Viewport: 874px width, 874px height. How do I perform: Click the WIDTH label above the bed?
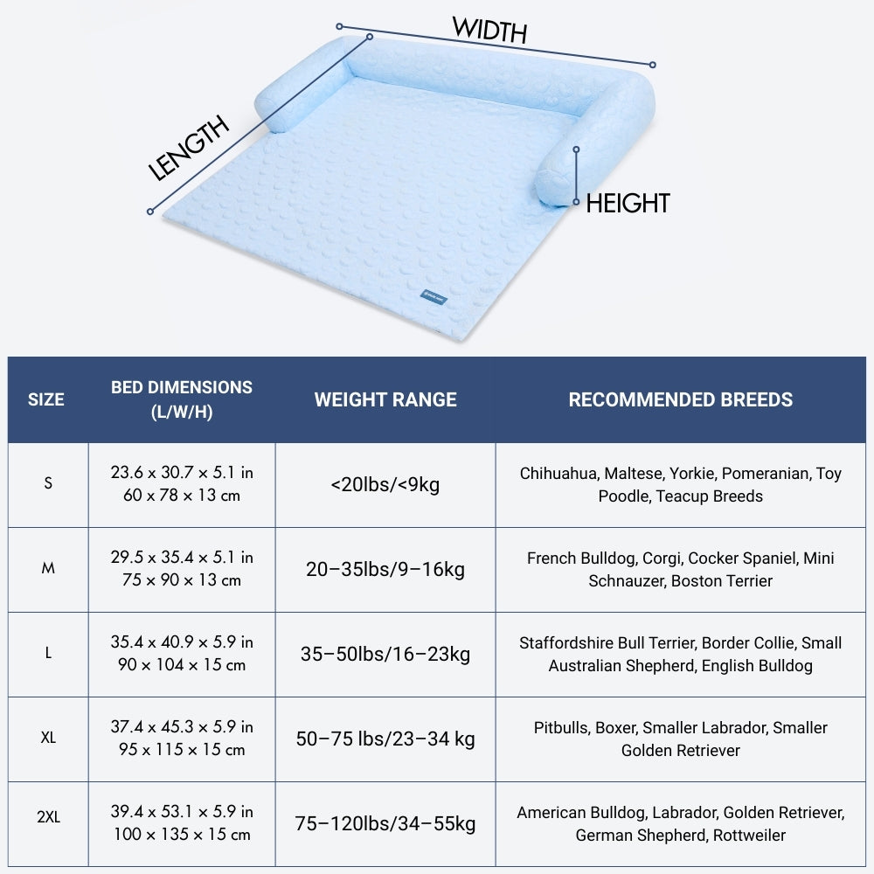click(x=489, y=31)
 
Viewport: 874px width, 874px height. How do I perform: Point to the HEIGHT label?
click(x=628, y=204)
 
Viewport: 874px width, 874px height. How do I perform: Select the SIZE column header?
click(x=46, y=399)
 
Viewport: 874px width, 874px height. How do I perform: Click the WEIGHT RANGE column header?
click(x=385, y=399)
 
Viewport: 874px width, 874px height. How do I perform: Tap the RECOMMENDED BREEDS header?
click(x=680, y=399)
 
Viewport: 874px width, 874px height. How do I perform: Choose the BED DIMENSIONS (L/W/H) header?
click(x=182, y=399)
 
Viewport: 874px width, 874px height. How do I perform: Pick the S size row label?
click(x=48, y=484)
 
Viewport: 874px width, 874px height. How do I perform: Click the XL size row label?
click(x=48, y=739)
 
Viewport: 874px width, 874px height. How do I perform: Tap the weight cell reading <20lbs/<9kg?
click(x=385, y=484)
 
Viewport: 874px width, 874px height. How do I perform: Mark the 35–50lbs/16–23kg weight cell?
click(x=385, y=654)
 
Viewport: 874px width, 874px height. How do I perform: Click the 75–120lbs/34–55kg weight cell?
click(x=385, y=823)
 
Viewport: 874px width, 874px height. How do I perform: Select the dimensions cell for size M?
click(x=182, y=569)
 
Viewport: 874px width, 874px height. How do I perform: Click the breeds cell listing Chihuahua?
click(x=680, y=484)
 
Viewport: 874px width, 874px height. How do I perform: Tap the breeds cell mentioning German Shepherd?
click(x=680, y=823)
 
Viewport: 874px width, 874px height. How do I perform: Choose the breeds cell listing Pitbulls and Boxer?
click(x=680, y=739)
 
